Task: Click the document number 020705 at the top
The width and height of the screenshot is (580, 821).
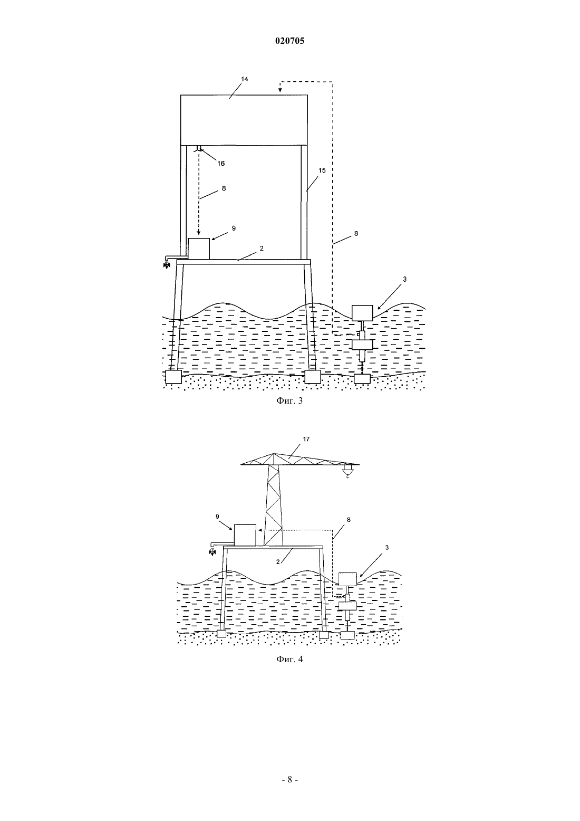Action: click(x=289, y=41)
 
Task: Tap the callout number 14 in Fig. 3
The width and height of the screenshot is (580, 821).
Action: click(x=245, y=79)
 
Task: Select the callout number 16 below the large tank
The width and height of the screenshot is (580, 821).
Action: click(x=221, y=164)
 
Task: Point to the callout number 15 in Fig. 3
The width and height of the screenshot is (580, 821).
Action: click(x=322, y=170)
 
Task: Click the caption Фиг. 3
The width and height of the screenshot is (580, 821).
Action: click(x=289, y=400)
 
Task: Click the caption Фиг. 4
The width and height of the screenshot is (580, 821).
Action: click(x=289, y=660)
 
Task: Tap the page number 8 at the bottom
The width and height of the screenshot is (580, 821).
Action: click(x=289, y=779)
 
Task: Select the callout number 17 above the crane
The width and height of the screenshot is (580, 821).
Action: click(x=306, y=439)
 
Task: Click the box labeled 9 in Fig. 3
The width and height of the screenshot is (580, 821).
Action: click(x=199, y=249)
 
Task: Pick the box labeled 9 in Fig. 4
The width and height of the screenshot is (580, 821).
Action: click(x=245, y=534)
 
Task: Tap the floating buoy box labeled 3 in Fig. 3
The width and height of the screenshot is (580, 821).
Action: click(x=362, y=313)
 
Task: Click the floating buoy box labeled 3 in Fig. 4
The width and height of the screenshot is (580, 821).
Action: click(x=347, y=579)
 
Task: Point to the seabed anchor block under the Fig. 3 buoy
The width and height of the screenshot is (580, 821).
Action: click(x=363, y=379)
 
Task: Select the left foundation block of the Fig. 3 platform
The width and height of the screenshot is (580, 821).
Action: click(x=173, y=376)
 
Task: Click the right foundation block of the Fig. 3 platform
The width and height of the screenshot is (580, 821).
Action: click(x=313, y=376)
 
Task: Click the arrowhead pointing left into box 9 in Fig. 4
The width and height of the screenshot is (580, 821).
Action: click(x=259, y=530)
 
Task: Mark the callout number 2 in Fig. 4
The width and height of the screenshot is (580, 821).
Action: click(x=278, y=562)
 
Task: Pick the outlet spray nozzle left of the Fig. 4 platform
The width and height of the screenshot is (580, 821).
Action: click(x=212, y=552)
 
